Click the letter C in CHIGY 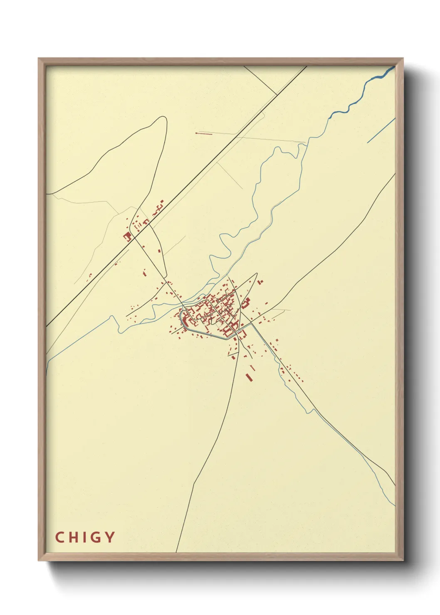[x=59, y=537]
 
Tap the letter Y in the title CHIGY [x=110, y=537]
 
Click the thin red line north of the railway [x=204, y=133]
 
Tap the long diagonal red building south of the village [x=249, y=377]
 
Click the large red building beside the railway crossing [x=127, y=236]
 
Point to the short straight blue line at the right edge [x=381, y=131]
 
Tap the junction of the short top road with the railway [x=277, y=95]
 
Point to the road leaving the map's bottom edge [x=177, y=551]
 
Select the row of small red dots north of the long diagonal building [x=252, y=367]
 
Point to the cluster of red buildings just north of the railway [x=159, y=207]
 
